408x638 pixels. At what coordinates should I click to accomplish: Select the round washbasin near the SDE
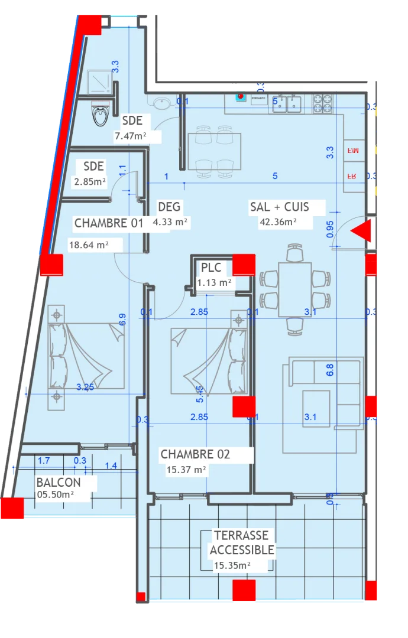161,103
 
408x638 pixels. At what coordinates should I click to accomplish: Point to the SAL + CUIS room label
287,207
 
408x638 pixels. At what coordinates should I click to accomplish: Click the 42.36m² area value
278,222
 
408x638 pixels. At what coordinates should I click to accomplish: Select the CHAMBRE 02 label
195,454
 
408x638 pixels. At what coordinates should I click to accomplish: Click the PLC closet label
211,268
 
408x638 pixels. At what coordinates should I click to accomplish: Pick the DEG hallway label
169,207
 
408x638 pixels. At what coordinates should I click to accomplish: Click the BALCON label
58,482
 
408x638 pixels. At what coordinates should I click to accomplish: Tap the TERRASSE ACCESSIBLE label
241,542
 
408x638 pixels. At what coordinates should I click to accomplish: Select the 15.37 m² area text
186,470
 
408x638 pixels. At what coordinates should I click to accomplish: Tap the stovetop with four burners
323,104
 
